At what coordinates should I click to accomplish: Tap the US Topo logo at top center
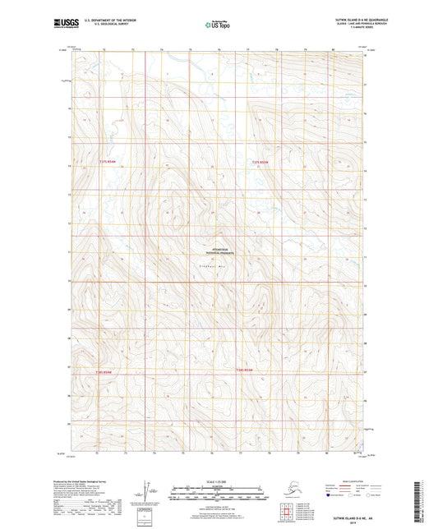tap(218, 24)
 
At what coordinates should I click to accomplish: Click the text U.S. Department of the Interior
tap(104, 19)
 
